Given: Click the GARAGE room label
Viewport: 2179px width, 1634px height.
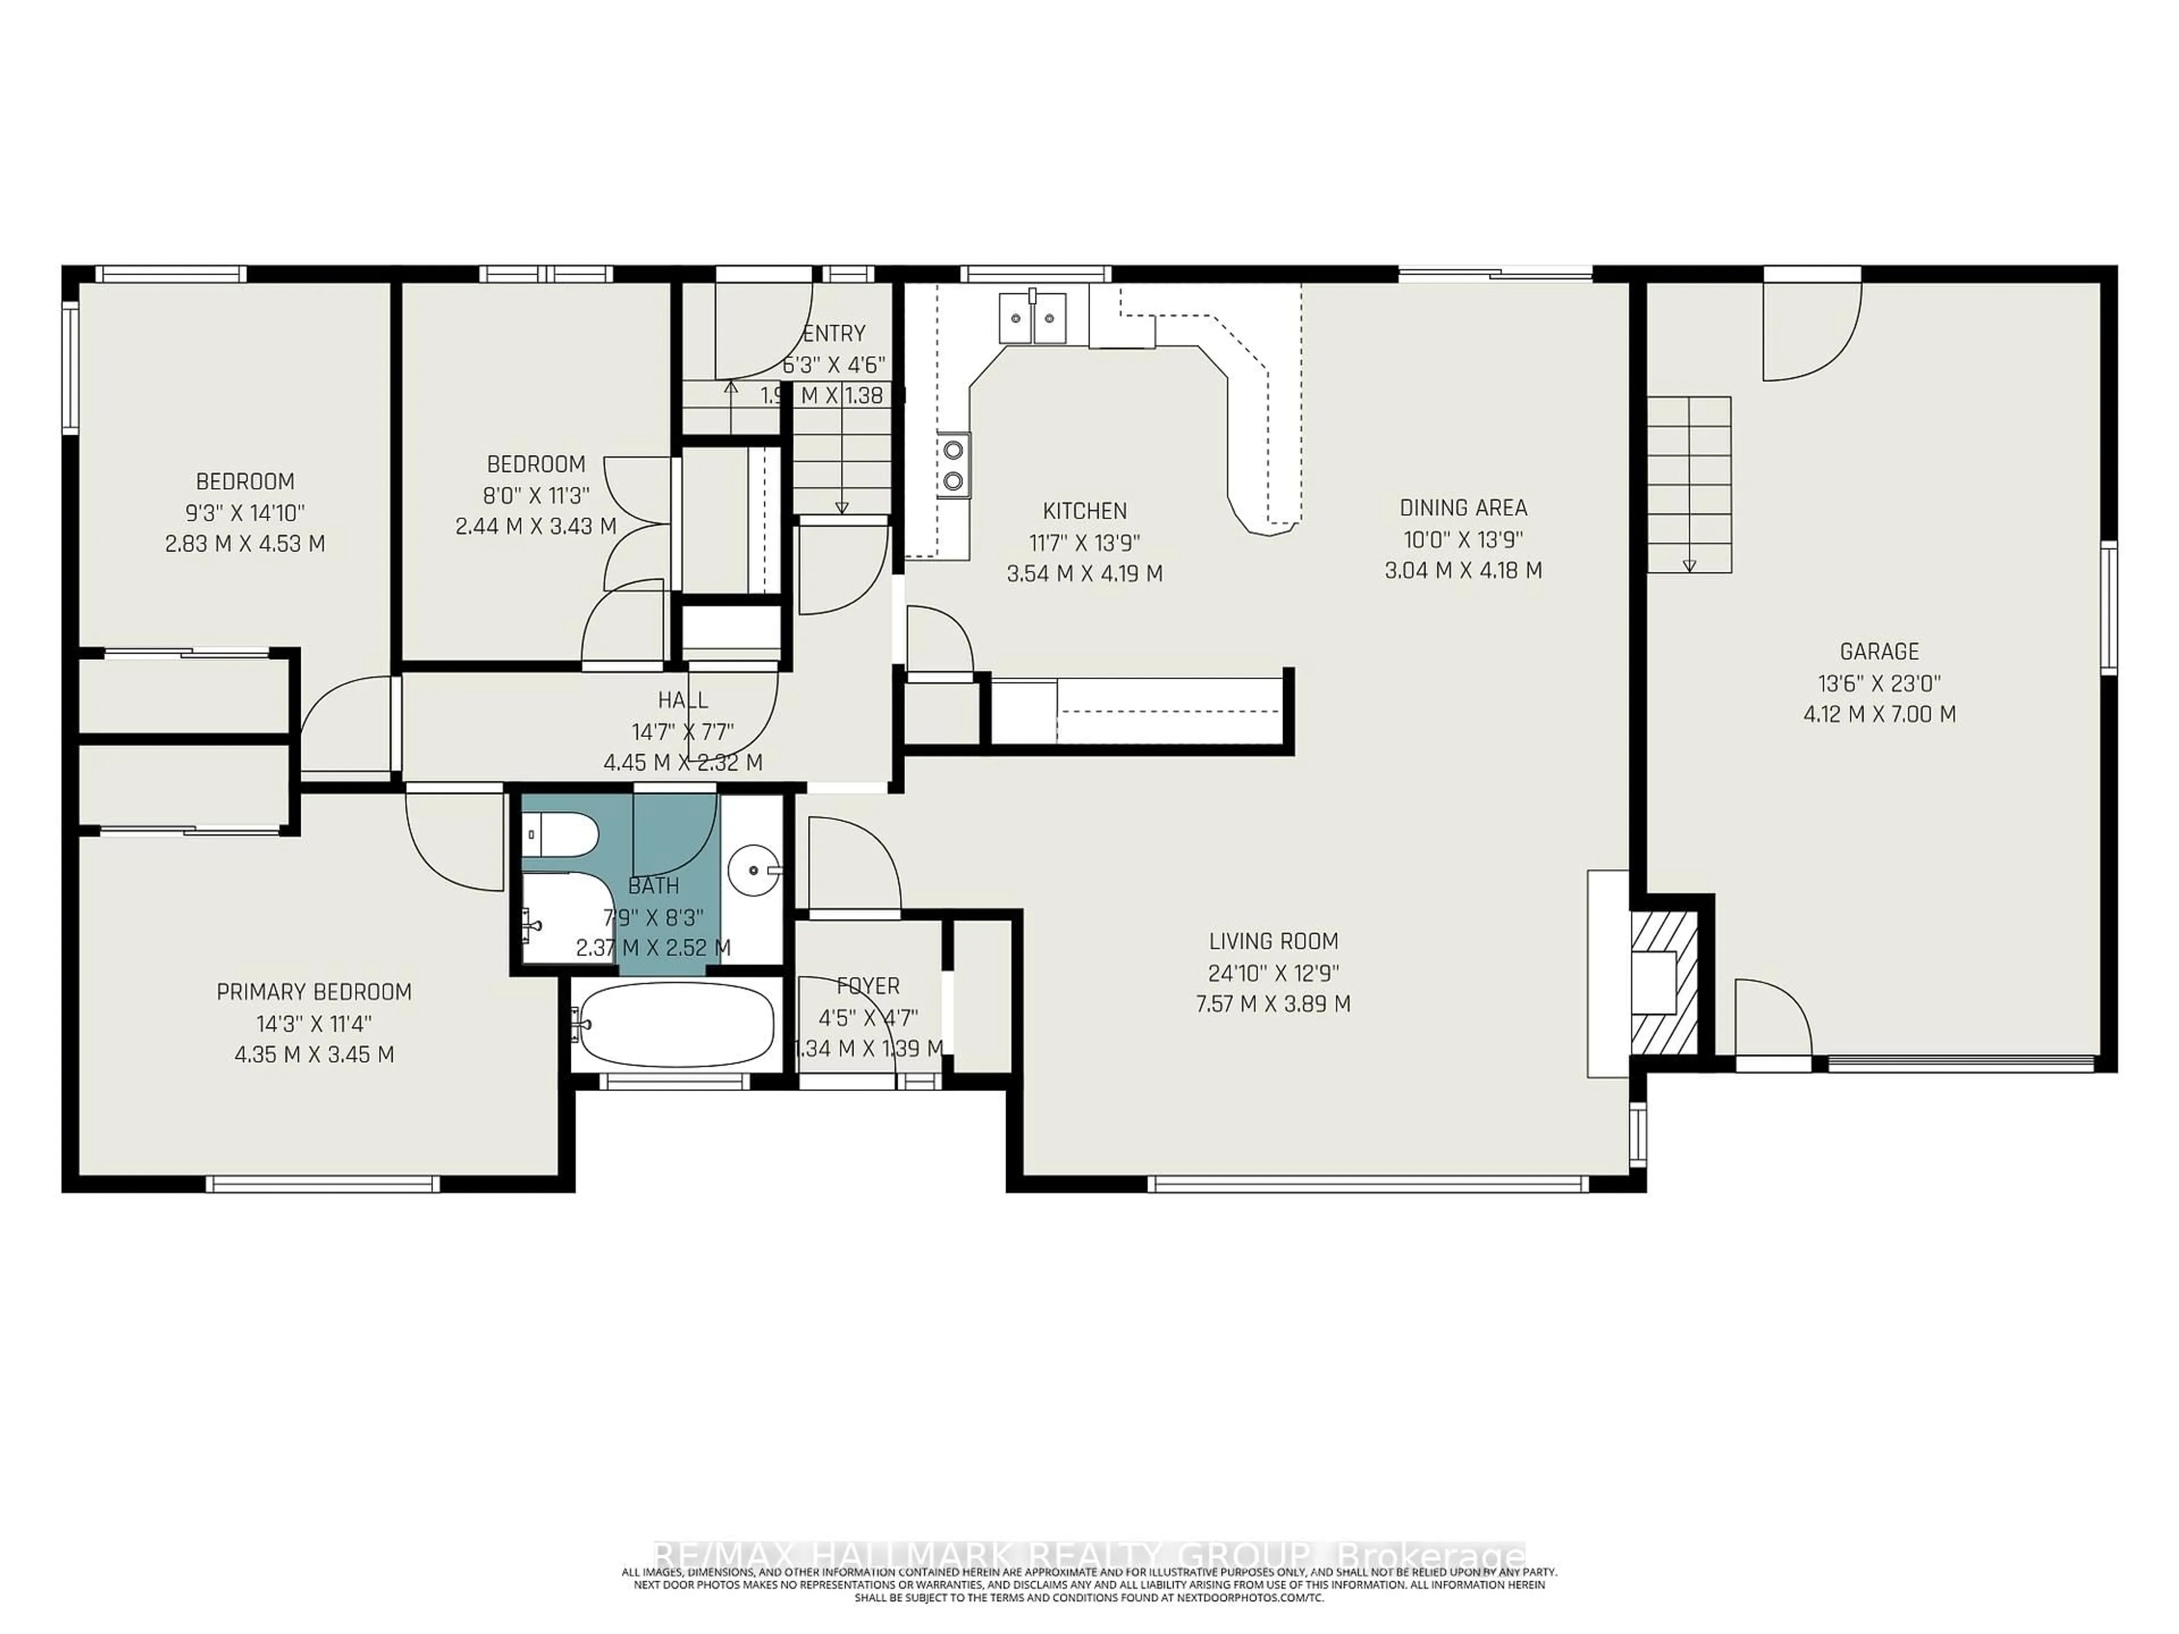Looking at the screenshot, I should click(x=1879, y=651).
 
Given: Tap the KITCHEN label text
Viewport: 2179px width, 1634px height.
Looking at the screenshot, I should click(x=1084, y=511).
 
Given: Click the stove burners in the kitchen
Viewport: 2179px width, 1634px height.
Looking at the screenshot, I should click(x=953, y=465).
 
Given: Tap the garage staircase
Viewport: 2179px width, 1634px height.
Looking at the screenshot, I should click(x=1689, y=483).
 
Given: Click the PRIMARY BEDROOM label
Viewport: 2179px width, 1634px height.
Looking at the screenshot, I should click(x=314, y=992).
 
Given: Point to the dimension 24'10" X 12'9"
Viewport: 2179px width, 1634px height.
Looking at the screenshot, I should click(x=1273, y=973).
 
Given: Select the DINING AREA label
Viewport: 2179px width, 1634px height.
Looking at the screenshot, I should click(x=1463, y=508).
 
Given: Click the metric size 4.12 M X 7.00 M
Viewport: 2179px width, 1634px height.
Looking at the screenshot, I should click(x=1879, y=714).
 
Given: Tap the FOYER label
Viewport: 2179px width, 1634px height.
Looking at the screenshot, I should click(x=868, y=986).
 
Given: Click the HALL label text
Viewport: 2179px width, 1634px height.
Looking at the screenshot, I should click(x=683, y=700).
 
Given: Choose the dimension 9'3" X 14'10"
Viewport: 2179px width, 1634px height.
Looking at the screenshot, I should click(x=245, y=512).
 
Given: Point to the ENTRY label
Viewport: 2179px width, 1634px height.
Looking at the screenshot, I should click(x=834, y=333).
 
